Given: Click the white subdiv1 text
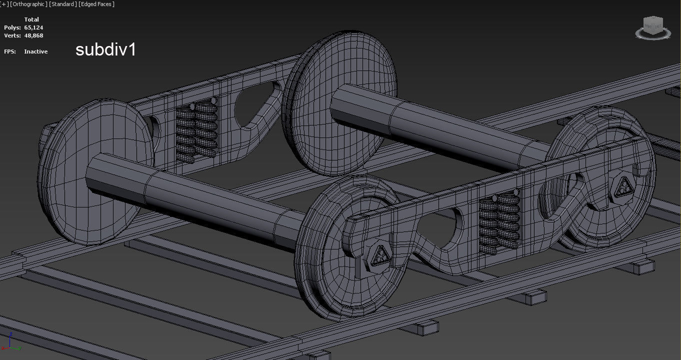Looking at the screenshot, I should coord(105,49).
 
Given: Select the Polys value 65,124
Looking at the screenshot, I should coord(33,27).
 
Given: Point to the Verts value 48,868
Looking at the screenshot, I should coord(33,35).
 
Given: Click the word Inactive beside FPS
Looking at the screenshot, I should coord(36,51).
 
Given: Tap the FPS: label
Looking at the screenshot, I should coord(11,51).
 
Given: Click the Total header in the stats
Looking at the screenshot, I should coord(31,19).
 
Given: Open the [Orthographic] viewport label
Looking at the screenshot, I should coord(29,4).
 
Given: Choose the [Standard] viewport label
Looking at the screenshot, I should coord(63,4).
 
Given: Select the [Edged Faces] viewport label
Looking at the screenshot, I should coord(96,4).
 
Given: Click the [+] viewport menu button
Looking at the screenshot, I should coord(4,4).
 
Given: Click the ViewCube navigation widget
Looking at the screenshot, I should coord(653,28).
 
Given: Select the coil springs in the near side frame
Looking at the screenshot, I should coord(499,220).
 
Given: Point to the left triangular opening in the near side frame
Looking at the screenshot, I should coord(440,230).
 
